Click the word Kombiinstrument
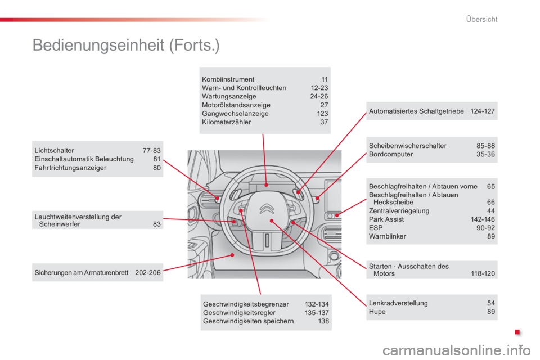[228, 79]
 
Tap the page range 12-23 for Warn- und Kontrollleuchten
[319, 88]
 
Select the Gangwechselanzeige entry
[235, 114]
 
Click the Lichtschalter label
[54, 151]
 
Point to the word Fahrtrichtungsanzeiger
[70, 168]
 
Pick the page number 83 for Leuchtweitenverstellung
[157, 224]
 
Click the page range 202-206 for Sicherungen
[148, 273]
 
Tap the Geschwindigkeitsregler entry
[239, 313]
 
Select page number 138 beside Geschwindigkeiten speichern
[323, 321]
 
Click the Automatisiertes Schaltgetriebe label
[416, 111]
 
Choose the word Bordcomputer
[391, 154]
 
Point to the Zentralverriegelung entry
[399, 211]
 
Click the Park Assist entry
[386, 219]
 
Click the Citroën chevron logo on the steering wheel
[267, 208]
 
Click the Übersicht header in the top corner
[481, 19]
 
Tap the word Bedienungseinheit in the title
[98, 45]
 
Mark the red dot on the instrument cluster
[266, 185]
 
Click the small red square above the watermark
[517, 332]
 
